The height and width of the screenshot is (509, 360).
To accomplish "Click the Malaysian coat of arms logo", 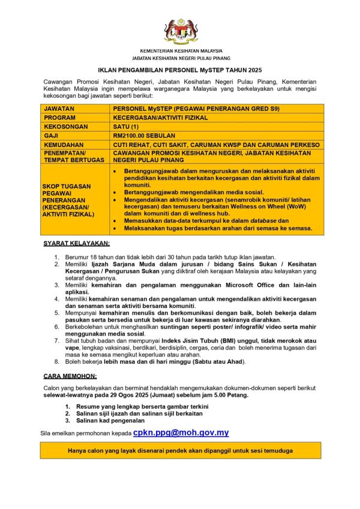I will pos(180,31).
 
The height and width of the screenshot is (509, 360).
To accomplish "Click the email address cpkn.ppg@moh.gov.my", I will pos(181,432).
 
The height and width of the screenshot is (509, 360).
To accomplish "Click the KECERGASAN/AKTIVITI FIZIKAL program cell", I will pos(160,118).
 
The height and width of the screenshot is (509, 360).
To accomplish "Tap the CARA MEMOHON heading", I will pos(70,376).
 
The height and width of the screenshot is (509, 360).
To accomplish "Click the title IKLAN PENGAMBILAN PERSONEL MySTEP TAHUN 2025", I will pos(180,70).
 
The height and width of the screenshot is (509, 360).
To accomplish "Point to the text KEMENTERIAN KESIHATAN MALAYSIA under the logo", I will pos(181,51).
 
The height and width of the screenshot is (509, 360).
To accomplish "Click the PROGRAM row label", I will pos(59,118).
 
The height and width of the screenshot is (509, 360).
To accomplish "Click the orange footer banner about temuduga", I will pos(180,450).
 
